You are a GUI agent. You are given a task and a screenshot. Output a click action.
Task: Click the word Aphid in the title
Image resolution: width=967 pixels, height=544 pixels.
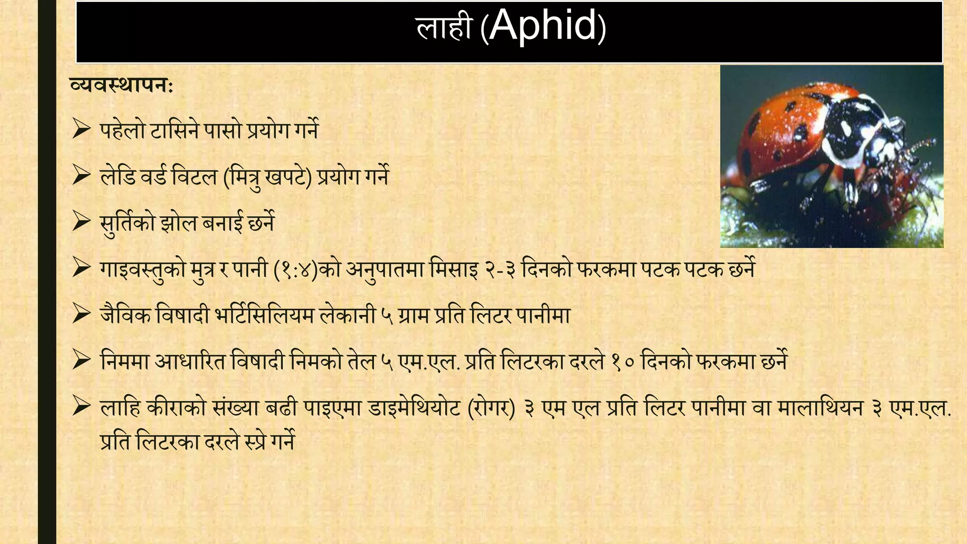tap(543, 26)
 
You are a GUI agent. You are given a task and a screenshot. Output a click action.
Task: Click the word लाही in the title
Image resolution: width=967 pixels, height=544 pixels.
tap(444, 27)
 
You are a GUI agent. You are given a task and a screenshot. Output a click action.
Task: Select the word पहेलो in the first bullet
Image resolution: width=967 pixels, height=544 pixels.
tap(122, 130)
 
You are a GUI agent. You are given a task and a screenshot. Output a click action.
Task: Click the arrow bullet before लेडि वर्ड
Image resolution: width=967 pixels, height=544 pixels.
tap(81, 176)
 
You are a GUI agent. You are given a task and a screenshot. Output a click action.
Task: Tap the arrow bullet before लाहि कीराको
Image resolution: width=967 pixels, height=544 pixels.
tap(81, 407)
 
